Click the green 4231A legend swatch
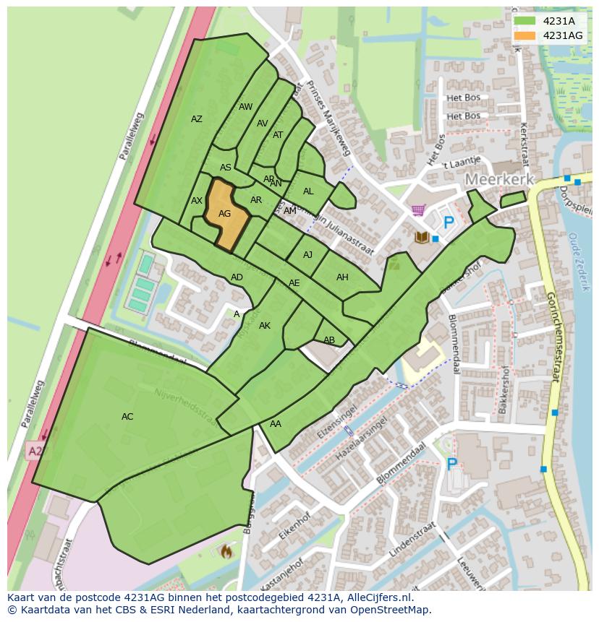[x=524, y=21]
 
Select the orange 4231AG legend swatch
[x=524, y=35]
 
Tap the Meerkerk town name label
[x=499, y=179]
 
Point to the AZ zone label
[x=197, y=119]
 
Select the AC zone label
[x=127, y=417]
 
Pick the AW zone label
[x=246, y=107]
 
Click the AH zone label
[x=342, y=277]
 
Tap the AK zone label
[x=265, y=326]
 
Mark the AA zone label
[x=276, y=424]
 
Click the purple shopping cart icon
[x=417, y=210]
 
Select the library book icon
[x=421, y=237]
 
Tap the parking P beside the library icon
[x=449, y=223]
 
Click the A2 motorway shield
[x=35, y=452]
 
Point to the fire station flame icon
[x=226, y=552]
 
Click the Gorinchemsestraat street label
[x=553, y=336]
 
